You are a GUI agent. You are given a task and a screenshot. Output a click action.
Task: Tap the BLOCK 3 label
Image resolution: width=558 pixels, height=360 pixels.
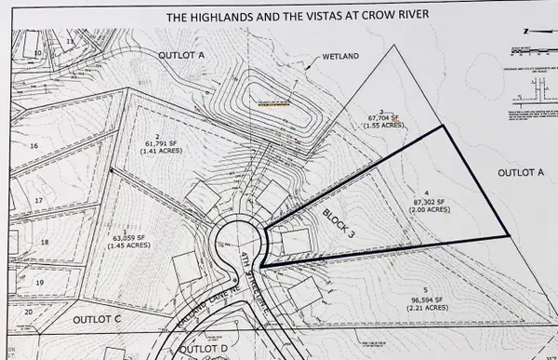tap(339, 220)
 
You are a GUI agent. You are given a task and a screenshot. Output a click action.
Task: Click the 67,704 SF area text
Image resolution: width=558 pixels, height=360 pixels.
tap(369, 118)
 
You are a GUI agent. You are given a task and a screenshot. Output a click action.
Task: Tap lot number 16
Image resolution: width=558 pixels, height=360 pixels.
tap(33, 145)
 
